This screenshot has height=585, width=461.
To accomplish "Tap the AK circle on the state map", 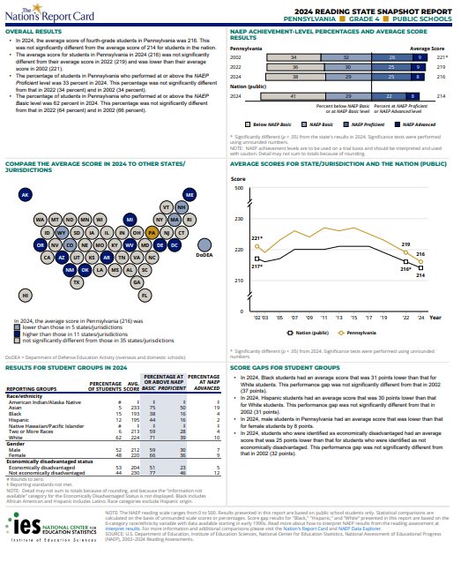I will (26, 194).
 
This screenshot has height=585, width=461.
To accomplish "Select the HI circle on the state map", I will (26, 295).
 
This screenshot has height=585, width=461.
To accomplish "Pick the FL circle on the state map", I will (145, 295).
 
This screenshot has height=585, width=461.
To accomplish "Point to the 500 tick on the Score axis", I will (237, 187).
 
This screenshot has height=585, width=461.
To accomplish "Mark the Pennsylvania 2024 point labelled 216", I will (420, 255).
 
